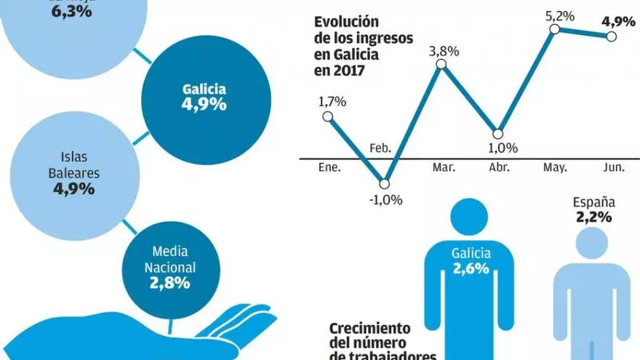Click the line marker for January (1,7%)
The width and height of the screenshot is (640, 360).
point(327,116)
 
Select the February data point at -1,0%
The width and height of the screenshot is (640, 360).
point(385,183)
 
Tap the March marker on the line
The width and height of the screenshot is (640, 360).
point(441,65)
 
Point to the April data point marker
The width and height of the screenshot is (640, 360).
point(497,134)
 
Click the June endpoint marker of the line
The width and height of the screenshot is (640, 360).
point(609,37)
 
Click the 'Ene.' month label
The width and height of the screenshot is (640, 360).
point(330,168)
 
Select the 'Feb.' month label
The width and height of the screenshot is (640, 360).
point(380,148)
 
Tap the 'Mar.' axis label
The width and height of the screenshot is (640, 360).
point(444,168)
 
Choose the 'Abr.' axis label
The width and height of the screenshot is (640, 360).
point(500,168)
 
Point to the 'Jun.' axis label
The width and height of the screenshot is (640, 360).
point(614,168)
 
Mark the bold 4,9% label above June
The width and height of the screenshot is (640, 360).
point(618,21)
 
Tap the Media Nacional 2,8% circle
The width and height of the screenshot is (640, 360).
point(169,268)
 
